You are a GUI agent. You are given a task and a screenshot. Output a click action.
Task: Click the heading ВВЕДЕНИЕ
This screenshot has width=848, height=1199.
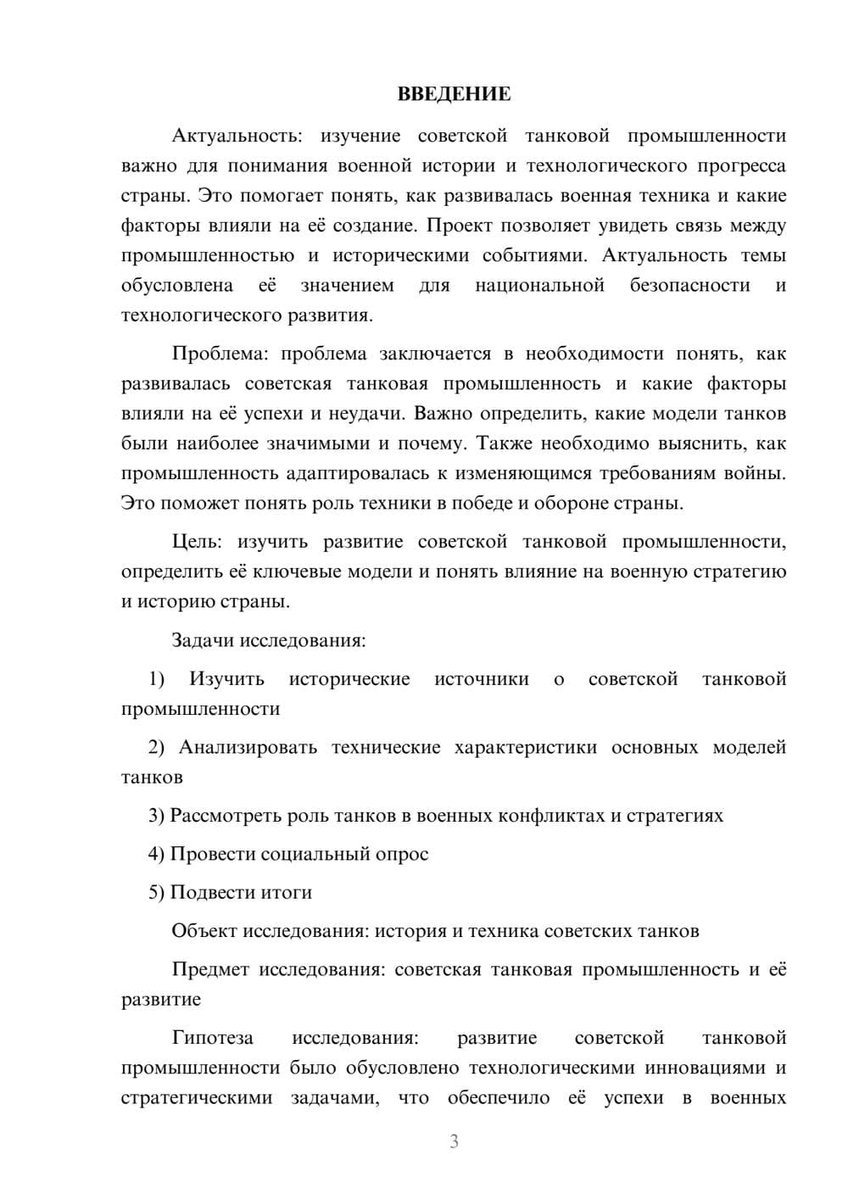[454, 94]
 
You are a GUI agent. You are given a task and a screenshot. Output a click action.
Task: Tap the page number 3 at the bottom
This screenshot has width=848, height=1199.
[454, 1141]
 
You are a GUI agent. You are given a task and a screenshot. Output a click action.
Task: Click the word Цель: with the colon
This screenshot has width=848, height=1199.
[197, 542]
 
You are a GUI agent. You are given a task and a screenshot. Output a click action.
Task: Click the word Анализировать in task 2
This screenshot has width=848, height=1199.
[248, 747]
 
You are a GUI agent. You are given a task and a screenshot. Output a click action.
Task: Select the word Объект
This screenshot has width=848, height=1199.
[204, 931]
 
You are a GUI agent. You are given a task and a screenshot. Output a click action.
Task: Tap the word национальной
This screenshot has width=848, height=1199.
[539, 286]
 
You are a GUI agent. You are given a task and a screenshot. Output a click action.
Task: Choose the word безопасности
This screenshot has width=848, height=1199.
[689, 286]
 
